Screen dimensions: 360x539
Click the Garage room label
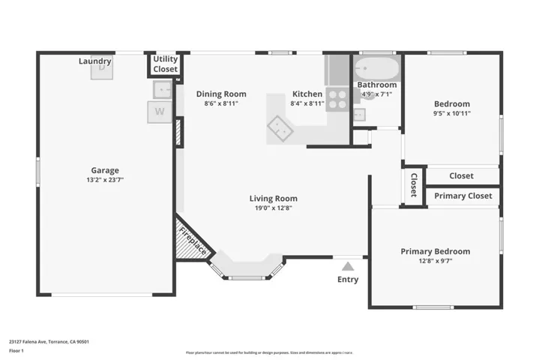(x=105, y=170)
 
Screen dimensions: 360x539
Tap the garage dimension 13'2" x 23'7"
(x=105, y=180)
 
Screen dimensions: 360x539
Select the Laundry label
(x=95, y=61)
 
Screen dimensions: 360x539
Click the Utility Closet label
(x=166, y=64)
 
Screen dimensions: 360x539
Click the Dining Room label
(x=221, y=94)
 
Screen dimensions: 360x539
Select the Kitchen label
(x=307, y=94)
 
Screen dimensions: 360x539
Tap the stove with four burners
(x=337, y=100)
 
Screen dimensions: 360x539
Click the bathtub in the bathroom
(x=376, y=70)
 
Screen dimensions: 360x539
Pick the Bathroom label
(x=376, y=85)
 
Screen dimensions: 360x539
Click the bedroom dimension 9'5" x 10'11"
(x=452, y=113)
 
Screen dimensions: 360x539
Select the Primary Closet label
(x=463, y=196)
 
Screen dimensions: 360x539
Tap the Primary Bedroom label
(x=435, y=251)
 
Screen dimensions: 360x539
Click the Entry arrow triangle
(x=347, y=265)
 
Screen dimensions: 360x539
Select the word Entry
(x=347, y=280)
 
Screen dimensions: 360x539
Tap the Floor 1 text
(x=16, y=350)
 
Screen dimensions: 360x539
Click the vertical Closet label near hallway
(x=413, y=184)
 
